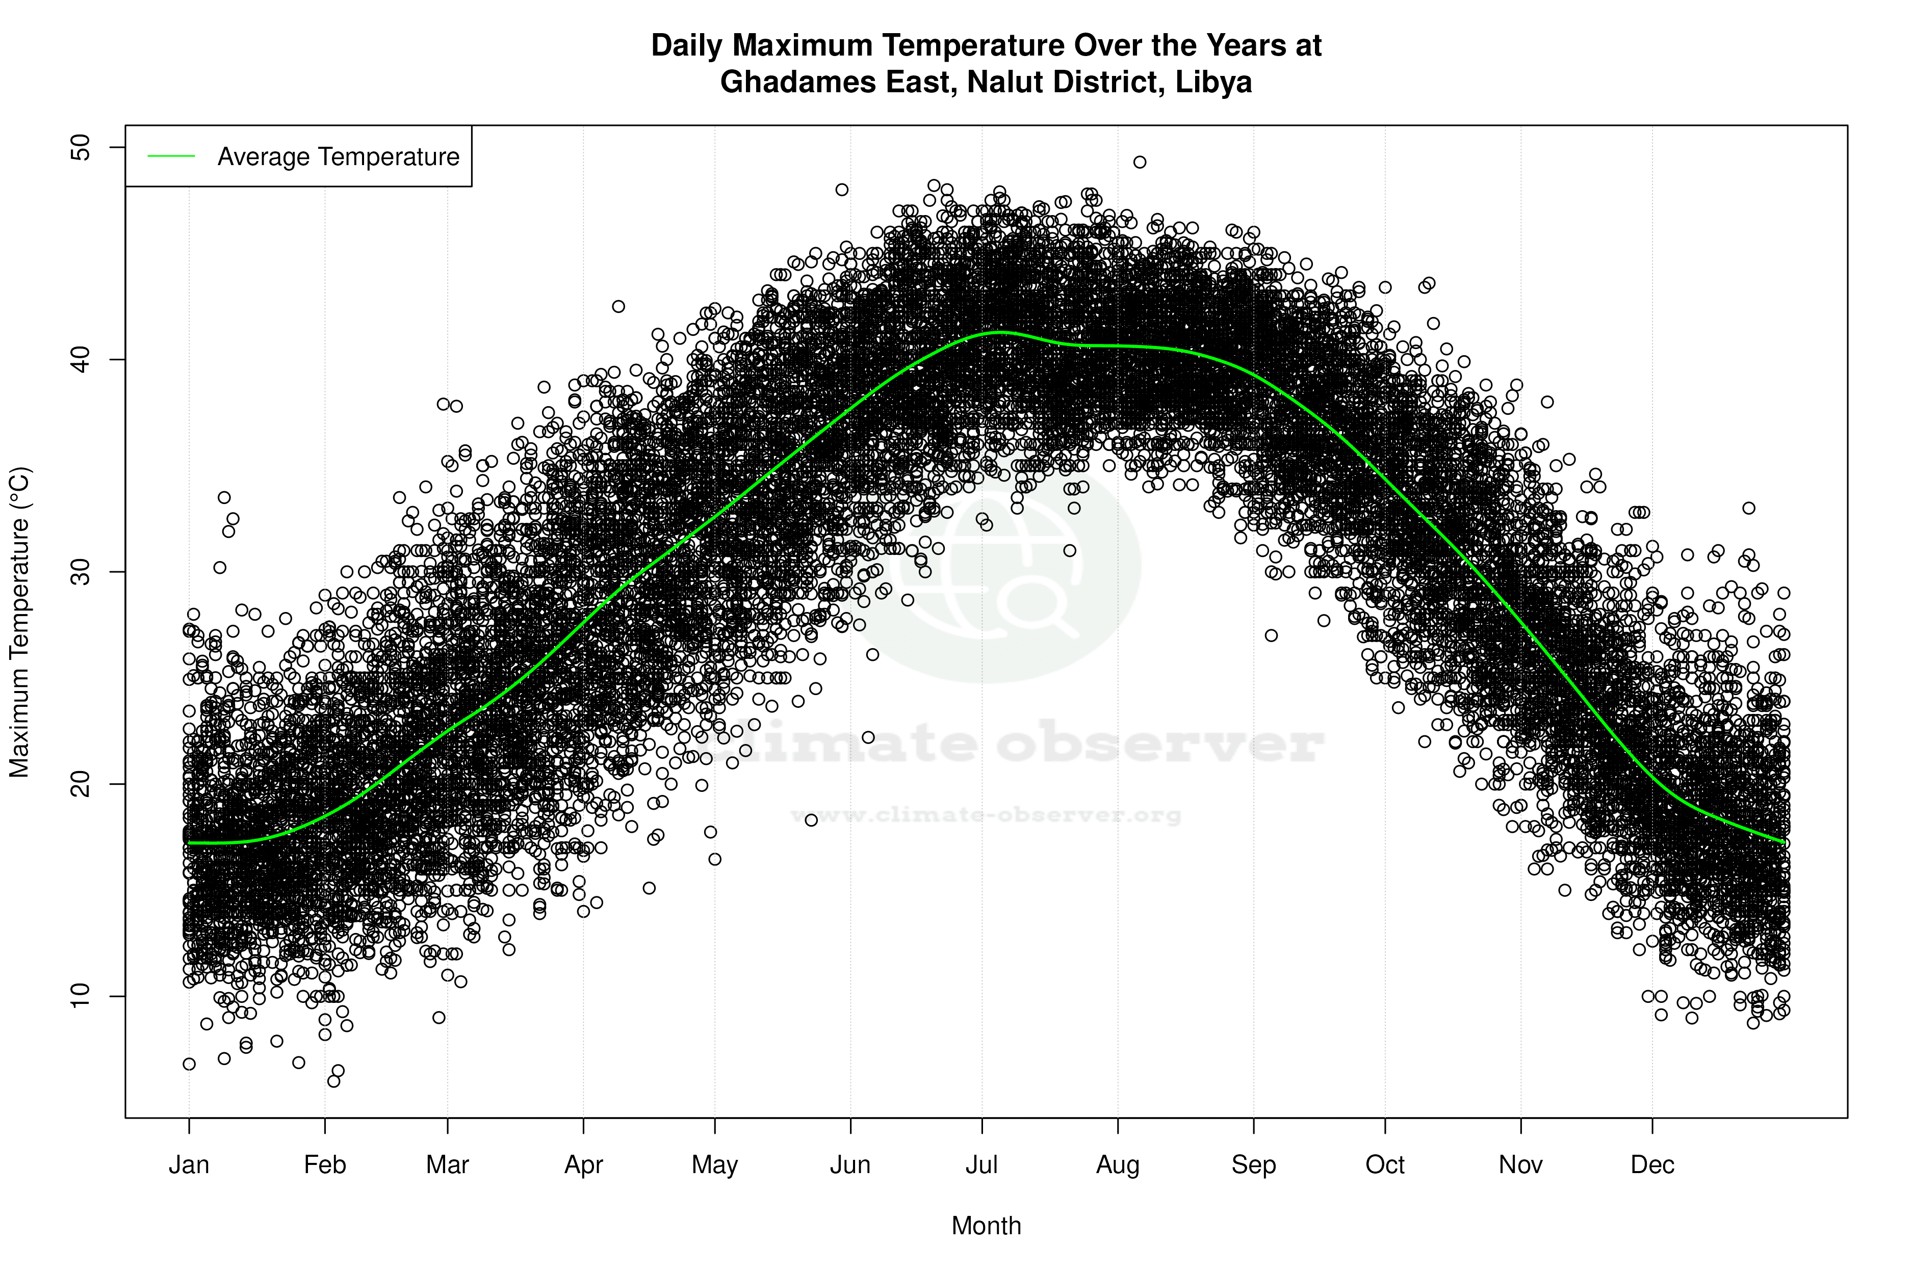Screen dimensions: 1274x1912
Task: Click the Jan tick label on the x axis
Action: pos(189,1165)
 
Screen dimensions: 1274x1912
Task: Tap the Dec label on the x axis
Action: pos(1652,1165)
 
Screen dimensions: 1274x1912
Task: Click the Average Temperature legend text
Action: pos(338,157)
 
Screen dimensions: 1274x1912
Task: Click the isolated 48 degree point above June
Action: pos(842,189)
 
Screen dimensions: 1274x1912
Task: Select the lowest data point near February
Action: pos(333,1081)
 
